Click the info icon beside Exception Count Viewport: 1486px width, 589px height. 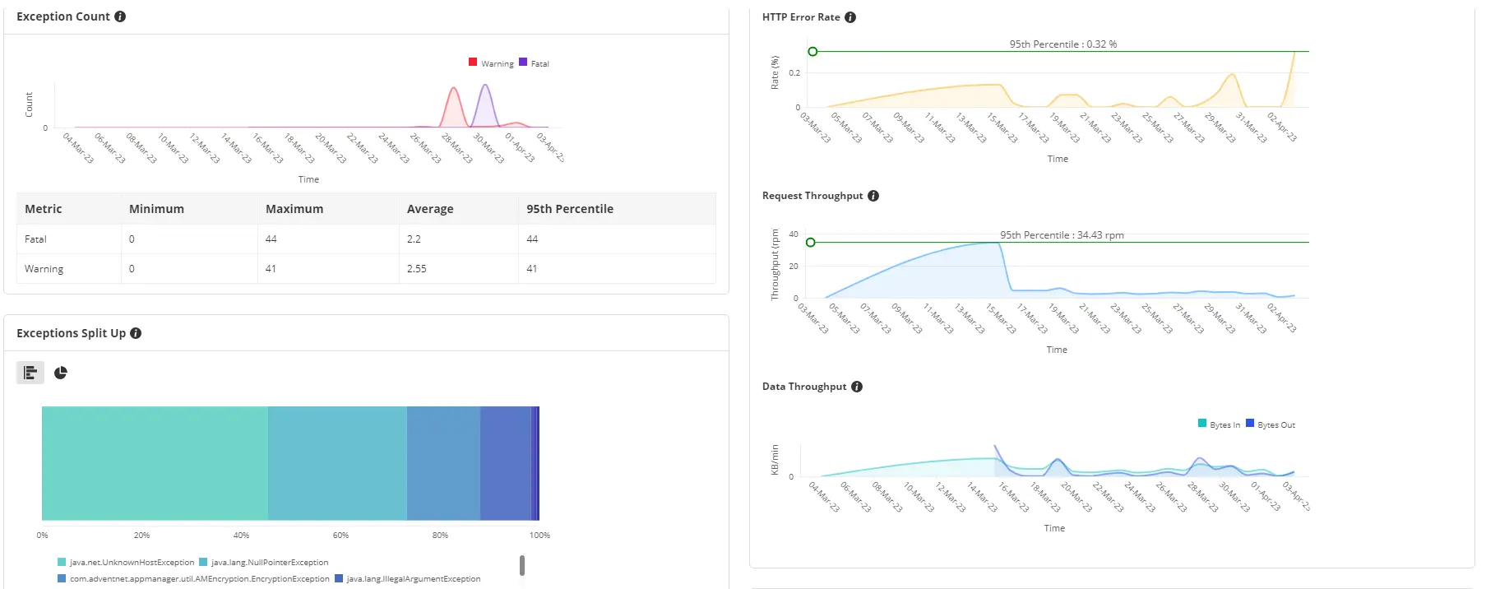pyautogui.click(x=120, y=16)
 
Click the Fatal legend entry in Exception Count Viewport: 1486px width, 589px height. pyautogui.click(x=535, y=63)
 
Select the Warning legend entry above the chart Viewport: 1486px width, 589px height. pyautogui.click(x=492, y=63)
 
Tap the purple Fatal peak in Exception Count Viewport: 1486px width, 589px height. pyautogui.click(x=485, y=86)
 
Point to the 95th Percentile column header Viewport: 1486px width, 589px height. pyautogui.click(x=570, y=209)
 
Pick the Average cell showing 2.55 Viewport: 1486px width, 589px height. pyautogui.click(x=417, y=269)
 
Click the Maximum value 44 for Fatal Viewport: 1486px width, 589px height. pyautogui.click(x=271, y=239)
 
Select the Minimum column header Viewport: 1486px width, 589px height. pyautogui.click(x=156, y=209)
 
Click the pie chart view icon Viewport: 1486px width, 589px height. pyautogui.click(x=61, y=373)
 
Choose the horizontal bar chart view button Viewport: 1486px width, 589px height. pyautogui.click(x=30, y=373)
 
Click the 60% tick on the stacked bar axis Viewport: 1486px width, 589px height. pyautogui.click(x=340, y=536)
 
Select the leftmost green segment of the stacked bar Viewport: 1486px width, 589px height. pyautogui.click(x=155, y=463)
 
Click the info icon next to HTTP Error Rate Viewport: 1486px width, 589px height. pyautogui.click(x=850, y=17)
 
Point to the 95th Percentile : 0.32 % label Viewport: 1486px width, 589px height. pyautogui.click(x=1062, y=44)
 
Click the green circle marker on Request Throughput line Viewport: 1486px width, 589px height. pyautogui.click(x=811, y=243)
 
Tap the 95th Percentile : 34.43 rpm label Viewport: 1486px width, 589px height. pyautogui.click(x=1062, y=235)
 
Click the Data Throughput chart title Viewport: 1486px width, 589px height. pyautogui.click(x=803, y=387)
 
